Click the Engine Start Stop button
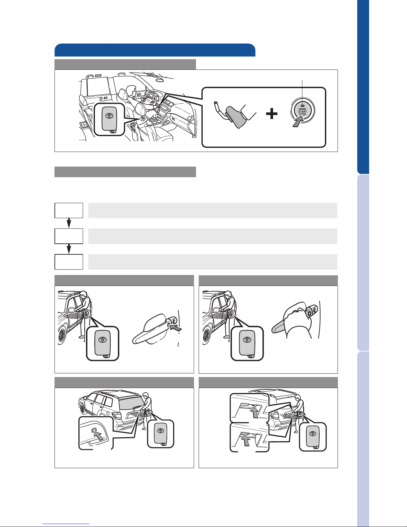[x=302, y=111]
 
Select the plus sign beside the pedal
[x=271, y=114]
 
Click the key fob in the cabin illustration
[x=109, y=119]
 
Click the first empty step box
[x=69, y=210]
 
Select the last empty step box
[x=69, y=262]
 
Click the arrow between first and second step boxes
[x=69, y=223]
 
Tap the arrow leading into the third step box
[x=69, y=249]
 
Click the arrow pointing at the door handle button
[x=176, y=328]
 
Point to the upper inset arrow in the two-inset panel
[x=254, y=412]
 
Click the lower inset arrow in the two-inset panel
[x=246, y=440]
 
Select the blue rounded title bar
[x=155, y=50]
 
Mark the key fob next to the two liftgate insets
[x=313, y=437]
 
